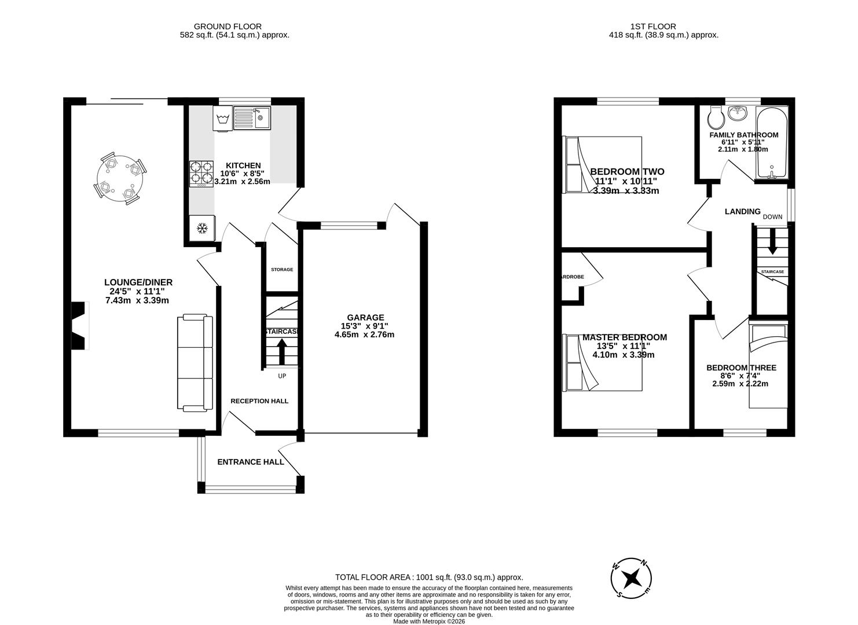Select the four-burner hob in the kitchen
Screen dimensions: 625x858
(201, 174)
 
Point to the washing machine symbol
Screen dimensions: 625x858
(223, 120)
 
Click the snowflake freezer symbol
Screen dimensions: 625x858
(202, 229)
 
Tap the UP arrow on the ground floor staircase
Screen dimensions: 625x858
(281, 351)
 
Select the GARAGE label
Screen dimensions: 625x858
(365, 317)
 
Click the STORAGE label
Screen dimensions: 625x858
(282, 270)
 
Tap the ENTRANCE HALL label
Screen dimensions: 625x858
(251, 462)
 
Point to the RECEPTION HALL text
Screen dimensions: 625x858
(259, 401)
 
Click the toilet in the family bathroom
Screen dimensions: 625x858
(716, 120)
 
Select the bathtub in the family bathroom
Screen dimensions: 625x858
(771, 143)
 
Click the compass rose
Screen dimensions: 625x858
(632, 578)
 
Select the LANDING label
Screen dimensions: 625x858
(742, 212)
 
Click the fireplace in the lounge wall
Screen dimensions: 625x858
(79, 326)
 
